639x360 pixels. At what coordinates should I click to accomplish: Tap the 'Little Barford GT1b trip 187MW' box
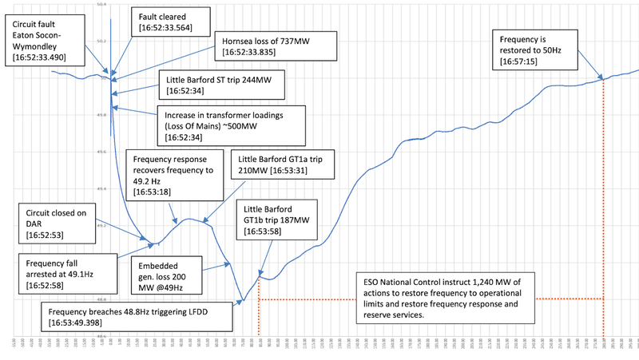(x=277, y=220)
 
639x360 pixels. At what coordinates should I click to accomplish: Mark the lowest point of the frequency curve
(x=243, y=302)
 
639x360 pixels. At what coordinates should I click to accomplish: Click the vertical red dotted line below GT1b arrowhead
(x=260, y=311)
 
